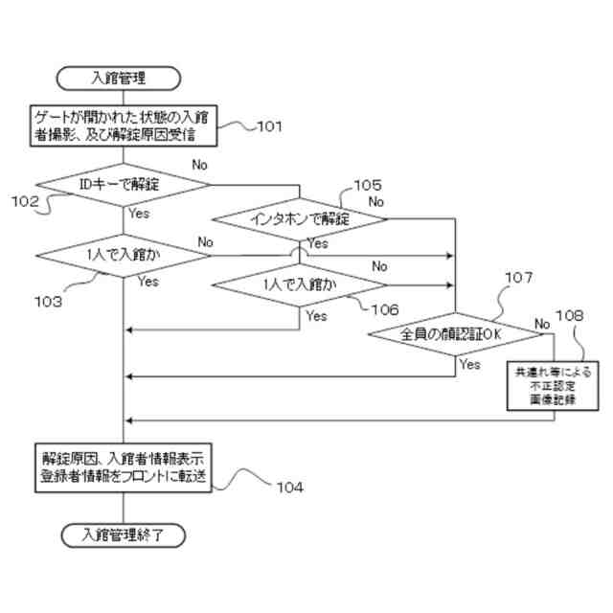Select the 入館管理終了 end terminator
click(x=124, y=534)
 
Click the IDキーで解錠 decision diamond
click(x=124, y=184)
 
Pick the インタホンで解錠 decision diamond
click(x=300, y=219)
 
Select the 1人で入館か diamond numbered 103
click(x=124, y=256)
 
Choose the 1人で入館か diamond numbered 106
click(x=300, y=284)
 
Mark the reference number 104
click(x=287, y=487)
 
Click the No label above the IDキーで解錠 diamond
click(x=200, y=165)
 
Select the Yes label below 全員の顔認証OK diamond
click(x=470, y=364)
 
